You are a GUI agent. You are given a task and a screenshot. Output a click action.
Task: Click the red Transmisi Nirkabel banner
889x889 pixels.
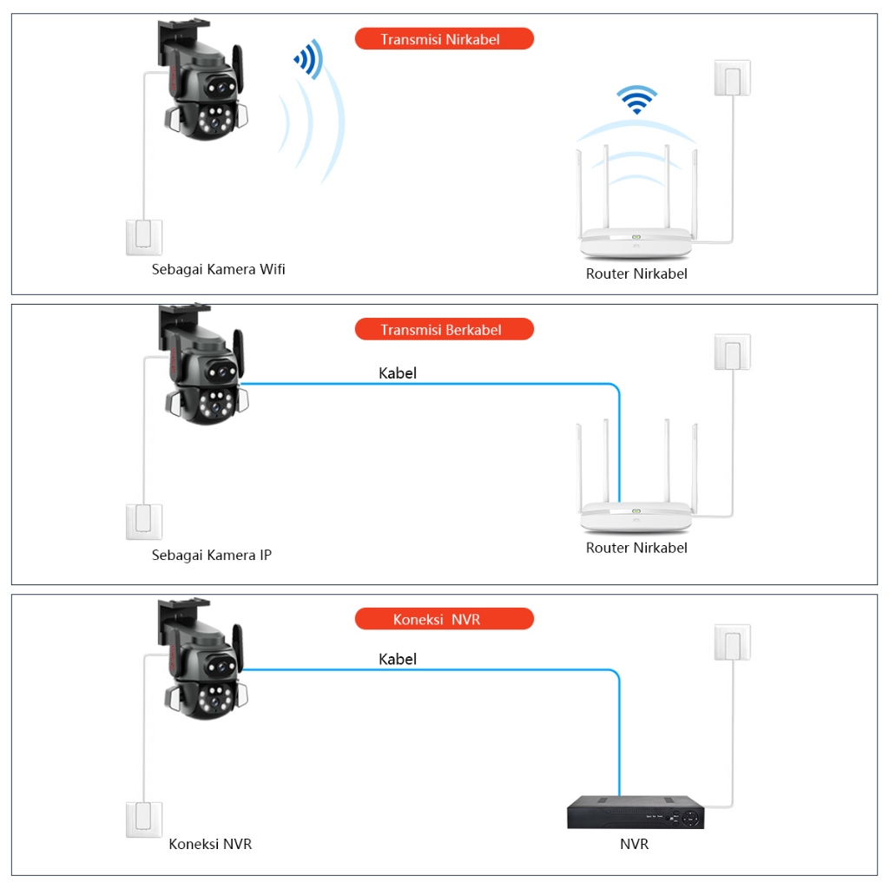point(444,39)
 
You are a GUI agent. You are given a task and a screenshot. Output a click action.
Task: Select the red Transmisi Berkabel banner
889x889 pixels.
point(444,330)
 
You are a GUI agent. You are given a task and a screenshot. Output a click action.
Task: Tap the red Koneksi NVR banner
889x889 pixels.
point(444,619)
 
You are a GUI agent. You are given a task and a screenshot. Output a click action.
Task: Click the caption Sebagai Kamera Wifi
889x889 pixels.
point(218,269)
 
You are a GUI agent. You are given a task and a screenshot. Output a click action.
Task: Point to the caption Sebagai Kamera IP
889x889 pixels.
point(211,555)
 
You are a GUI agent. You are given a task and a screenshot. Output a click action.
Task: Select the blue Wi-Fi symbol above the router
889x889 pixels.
point(637,99)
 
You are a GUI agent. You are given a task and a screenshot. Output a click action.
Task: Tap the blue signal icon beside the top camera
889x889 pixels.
point(308,60)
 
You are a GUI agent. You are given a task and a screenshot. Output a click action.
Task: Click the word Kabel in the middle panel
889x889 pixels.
point(398,373)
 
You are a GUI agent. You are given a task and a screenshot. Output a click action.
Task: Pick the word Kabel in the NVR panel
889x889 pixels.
point(398,659)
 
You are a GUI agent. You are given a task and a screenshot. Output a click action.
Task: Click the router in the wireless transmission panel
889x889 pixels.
point(636,208)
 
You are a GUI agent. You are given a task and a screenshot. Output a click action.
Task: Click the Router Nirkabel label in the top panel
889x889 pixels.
point(636,273)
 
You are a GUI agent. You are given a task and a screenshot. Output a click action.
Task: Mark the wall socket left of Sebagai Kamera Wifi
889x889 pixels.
point(144,236)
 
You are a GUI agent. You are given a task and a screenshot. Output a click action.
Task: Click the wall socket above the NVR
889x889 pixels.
point(731,642)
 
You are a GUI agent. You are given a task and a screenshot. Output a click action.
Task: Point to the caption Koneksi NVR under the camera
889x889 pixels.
point(210,844)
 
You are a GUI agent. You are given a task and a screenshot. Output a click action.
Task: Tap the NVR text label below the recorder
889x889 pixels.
point(634,844)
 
